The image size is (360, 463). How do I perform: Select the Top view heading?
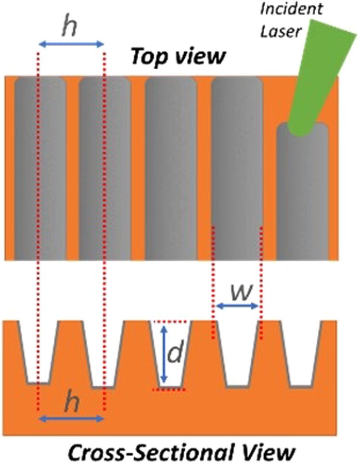click(178, 57)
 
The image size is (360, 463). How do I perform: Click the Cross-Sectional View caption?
click(180, 452)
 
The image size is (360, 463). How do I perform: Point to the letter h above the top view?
click(71, 29)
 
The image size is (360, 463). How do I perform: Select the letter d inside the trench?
click(175, 354)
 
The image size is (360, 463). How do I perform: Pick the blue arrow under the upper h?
click(71, 44)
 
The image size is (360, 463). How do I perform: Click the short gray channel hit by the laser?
click(302, 193)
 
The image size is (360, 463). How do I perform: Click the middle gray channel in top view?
click(171, 168)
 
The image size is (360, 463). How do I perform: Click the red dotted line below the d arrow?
click(168, 389)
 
